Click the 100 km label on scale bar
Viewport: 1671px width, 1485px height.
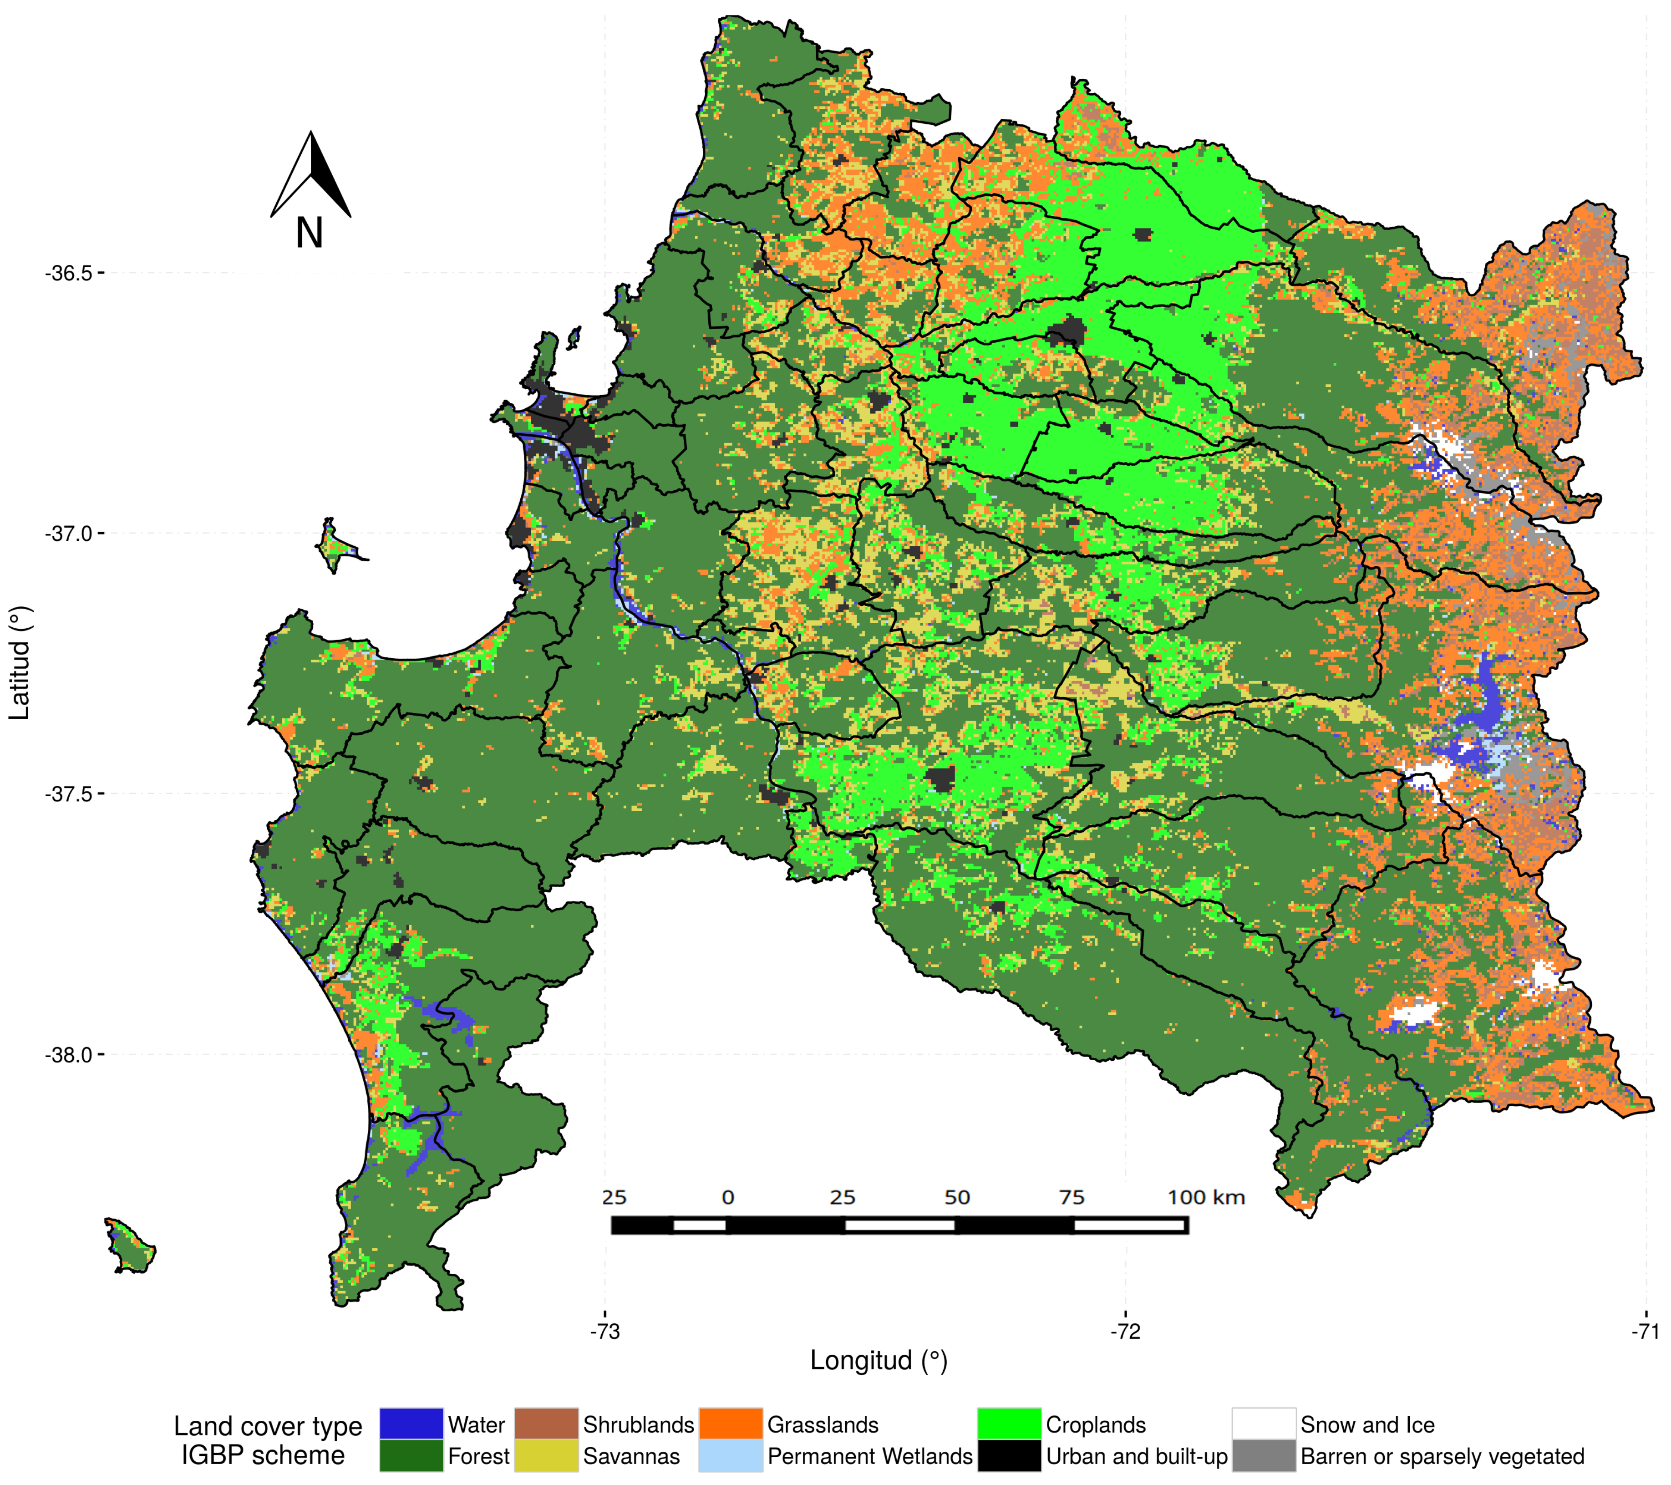pyautogui.click(x=1206, y=1198)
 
